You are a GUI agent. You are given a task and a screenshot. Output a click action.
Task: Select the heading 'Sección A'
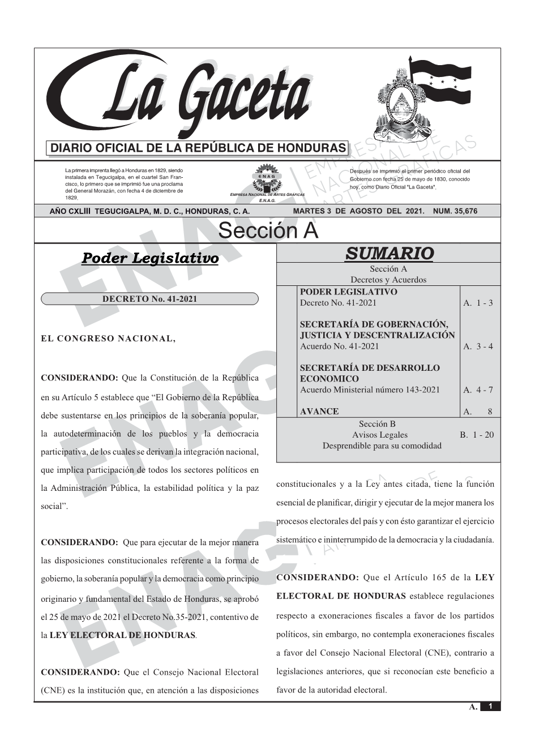pyautogui.click(x=268, y=231)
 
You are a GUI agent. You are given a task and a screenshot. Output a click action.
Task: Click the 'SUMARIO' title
pyautogui.click(x=389, y=253)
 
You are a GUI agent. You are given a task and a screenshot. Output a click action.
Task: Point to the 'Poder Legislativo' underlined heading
pyautogui.click(x=150, y=259)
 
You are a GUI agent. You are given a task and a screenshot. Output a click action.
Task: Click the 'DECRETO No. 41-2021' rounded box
pyautogui.click(x=149, y=299)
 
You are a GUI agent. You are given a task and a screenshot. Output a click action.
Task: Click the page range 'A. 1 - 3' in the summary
pyautogui.click(x=478, y=303)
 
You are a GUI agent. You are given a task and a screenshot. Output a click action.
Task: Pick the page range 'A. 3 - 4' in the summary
pyautogui.click(x=478, y=346)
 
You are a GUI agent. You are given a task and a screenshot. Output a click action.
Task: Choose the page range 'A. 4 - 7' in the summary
pyautogui.click(x=478, y=390)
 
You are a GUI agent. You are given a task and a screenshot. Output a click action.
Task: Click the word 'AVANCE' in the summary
pyautogui.click(x=319, y=412)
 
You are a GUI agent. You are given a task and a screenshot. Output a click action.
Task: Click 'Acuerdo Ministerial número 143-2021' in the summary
pyautogui.click(x=370, y=390)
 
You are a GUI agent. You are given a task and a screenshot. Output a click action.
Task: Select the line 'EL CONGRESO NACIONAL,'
pyautogui.click(x=109, y=339)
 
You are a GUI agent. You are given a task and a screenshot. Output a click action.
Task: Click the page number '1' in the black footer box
pyautogui.click(x=490, y=706)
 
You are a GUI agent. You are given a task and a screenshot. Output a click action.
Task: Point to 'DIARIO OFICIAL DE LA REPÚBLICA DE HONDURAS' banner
pyautogui.click(x=198, y=148)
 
